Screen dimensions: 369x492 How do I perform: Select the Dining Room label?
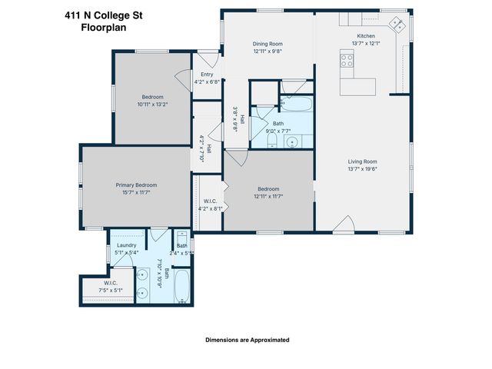(268, 44)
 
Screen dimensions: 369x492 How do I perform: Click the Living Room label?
(363, 161)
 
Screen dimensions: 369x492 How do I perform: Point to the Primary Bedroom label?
(136, 185)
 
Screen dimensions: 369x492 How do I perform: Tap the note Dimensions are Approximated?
(247, 339)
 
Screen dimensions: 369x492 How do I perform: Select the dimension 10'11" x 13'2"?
(154, 104)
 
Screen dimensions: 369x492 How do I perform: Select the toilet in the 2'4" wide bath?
(181, 237)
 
